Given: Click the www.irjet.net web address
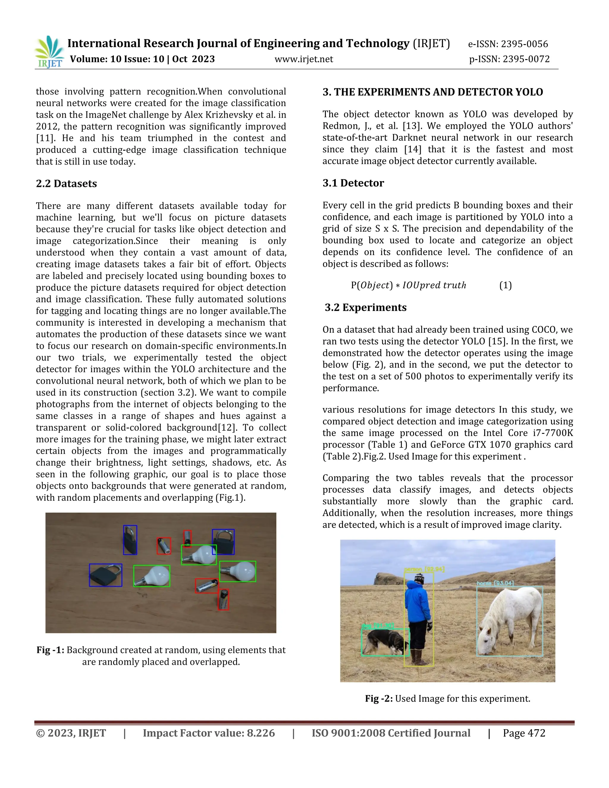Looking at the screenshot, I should click(x=304, y=59).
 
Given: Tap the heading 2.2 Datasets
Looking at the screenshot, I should click(x=66, y=184).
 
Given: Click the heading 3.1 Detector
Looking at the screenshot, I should click(x=353, y=183).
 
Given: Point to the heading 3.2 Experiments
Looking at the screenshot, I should click(x=365, y=307).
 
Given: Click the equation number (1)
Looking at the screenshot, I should click(x=506, y=285).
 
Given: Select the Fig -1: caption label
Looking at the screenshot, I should click(x=51, y=650).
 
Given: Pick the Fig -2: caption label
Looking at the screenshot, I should click(x=379, y=699).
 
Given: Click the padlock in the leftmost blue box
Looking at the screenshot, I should click(x=105, y=575).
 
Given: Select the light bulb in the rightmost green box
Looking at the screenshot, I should click(x=238, y=571).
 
